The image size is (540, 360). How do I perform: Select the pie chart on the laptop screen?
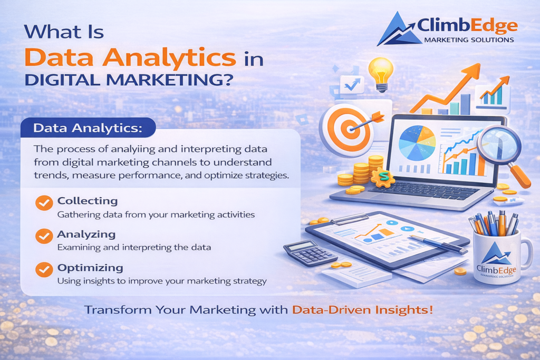(x=417, y=143)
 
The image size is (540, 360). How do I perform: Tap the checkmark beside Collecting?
(x=44, y=202)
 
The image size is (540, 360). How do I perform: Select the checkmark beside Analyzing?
(x=44, y=236)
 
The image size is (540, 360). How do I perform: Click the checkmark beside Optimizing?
(x=44, y=269)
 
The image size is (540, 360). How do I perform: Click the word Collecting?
(x=87, y=201)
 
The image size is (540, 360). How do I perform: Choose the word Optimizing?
(x=90, y=268)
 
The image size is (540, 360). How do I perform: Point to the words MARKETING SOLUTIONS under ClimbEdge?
(x=468, y=40)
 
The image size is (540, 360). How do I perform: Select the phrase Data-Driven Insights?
(x=362, y=310)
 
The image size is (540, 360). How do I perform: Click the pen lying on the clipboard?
(x=438, y=243)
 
